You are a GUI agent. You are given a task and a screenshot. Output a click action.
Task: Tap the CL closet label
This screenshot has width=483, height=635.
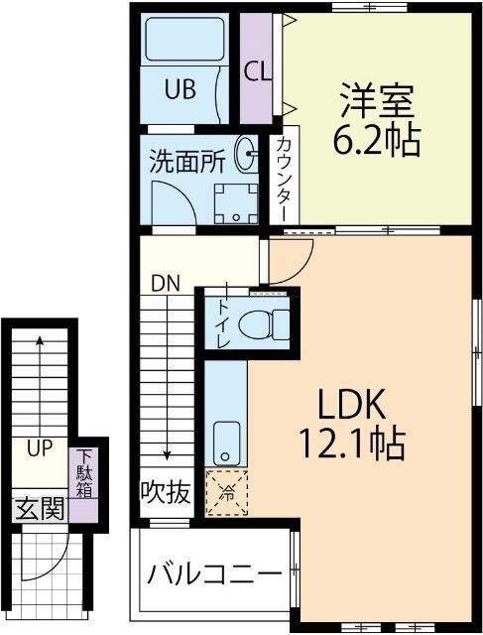pos(258,71)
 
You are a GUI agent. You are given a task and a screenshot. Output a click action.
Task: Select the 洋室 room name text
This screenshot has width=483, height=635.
pos(377,100)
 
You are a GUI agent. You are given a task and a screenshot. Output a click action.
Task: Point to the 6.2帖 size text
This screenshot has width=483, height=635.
pos(377,140)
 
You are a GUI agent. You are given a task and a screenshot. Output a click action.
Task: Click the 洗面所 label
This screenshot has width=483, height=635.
pos(187,161)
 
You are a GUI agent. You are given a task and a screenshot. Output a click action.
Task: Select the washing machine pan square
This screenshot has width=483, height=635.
pos(236,203)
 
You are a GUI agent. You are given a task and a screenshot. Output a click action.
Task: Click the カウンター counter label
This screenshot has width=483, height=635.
pos(285,180)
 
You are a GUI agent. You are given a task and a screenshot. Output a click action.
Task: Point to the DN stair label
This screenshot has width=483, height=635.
pos(166,284)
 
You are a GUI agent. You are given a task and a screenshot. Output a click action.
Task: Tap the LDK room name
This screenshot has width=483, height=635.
pos(351,404)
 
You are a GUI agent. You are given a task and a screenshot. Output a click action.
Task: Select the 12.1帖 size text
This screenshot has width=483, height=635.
pos(352,443)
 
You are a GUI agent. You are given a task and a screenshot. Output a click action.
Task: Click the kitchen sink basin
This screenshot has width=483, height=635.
pos(226,444)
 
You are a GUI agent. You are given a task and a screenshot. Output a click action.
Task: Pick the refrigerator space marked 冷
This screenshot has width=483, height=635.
pos(227,493)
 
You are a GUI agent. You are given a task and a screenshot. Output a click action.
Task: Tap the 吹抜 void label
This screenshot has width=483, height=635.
pos(166,492)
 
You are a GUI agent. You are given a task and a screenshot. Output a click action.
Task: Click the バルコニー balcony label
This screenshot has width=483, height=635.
pos(214,573)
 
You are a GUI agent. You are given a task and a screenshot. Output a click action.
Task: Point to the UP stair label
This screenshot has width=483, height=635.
pos(40,448)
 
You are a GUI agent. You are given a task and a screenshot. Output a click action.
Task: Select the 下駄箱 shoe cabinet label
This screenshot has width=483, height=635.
pos(84,473)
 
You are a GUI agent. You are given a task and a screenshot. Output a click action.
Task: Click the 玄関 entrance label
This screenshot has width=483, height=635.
pos(40,508)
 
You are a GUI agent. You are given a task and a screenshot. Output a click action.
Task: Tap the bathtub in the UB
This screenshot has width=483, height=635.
pos(184,39)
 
